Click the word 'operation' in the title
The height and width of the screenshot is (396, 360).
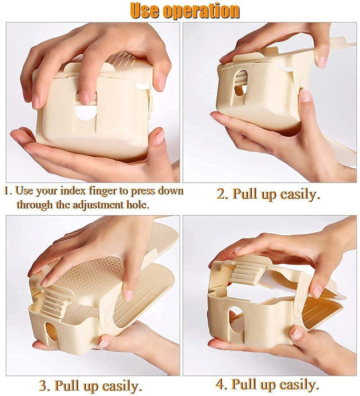[x=204, y=11]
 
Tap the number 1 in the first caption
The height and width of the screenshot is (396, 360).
[x=6, y=191]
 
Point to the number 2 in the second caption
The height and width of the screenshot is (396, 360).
[x=221, y=194]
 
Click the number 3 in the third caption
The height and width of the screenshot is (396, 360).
[x=43, y=386]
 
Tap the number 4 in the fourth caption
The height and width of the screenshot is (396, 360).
[x=220, y=385]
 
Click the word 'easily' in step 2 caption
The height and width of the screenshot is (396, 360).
[x=299, y=194]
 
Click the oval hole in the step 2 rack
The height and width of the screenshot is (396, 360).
[x=241, y=83]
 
